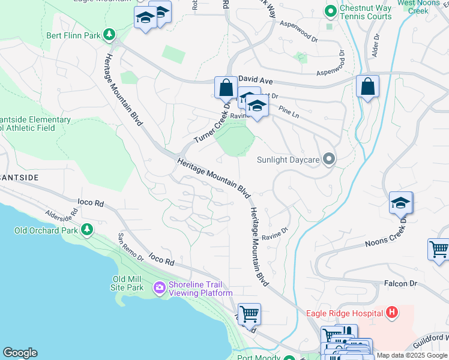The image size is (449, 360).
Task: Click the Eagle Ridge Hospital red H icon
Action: (x=392, y=313)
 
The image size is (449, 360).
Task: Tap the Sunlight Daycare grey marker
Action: (x=328, y=159)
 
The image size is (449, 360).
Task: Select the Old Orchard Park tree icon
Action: (x=87, y=230)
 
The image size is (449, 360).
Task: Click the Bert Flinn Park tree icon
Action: (x=109, y=35)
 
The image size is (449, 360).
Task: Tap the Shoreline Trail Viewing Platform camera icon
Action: (x=160, y=288)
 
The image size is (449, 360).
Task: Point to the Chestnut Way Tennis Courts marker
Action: (x=330, y=11)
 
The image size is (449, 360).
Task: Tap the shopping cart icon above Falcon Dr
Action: (x=439, y=249)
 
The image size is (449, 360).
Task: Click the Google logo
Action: (x=20, y=353)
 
